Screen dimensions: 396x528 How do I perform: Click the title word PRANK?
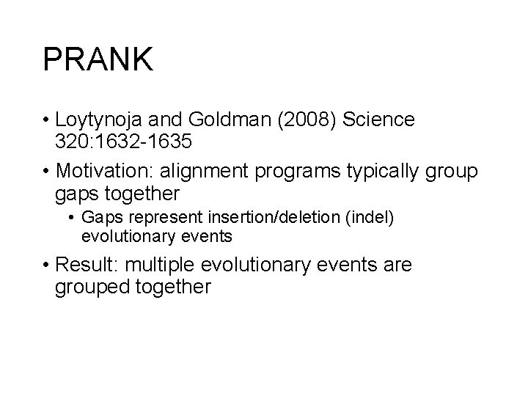coord(98,60)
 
